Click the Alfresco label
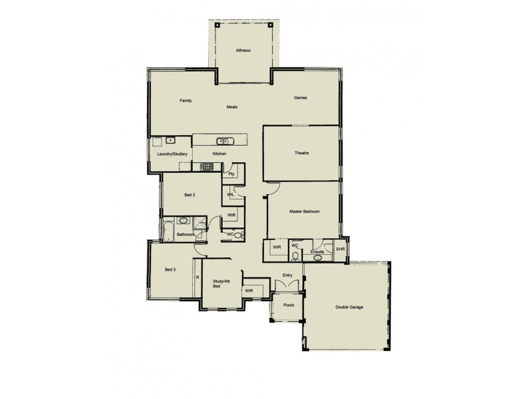242,51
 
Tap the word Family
186,100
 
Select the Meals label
232,106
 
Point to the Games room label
301,98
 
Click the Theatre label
302,154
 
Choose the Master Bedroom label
305,211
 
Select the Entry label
287,275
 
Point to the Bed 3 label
170,269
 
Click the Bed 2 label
190,195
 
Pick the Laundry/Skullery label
172,154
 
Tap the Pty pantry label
231,174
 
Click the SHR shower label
340,249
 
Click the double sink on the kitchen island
223,141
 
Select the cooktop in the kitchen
206,166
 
